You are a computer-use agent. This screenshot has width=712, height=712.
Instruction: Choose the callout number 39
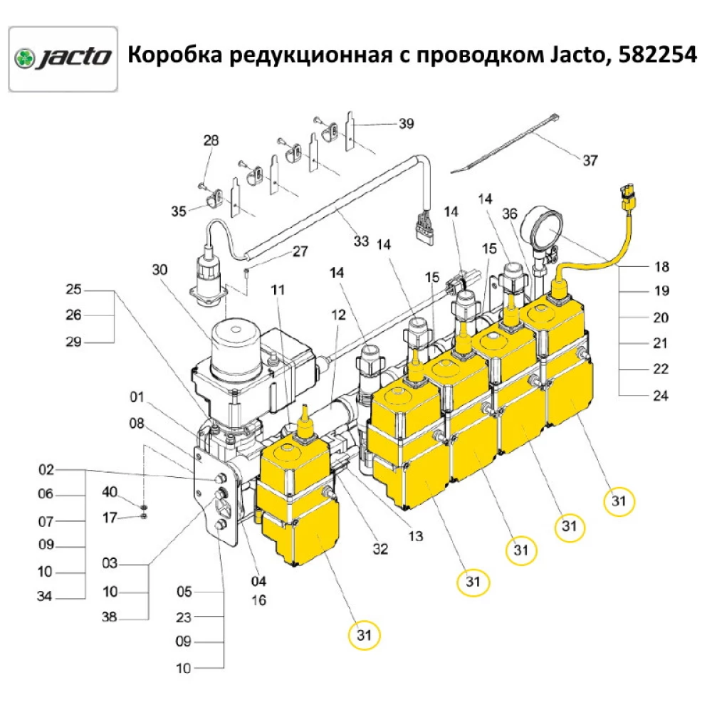(x=406, y=124)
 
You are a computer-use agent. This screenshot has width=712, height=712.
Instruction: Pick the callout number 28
(x=211, y=140)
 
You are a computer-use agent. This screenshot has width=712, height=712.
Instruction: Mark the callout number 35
(x=179, y=211)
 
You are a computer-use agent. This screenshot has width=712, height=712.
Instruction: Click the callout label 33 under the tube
(x=361, y=241)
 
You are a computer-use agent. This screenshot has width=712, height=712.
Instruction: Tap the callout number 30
(x=159, y=270)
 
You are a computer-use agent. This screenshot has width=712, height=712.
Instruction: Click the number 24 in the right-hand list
(x=661, y=396)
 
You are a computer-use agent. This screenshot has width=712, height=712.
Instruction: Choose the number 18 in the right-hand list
(x=661, y=268)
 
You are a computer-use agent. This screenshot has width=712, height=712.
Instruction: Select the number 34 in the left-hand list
(x=46, y=597)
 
